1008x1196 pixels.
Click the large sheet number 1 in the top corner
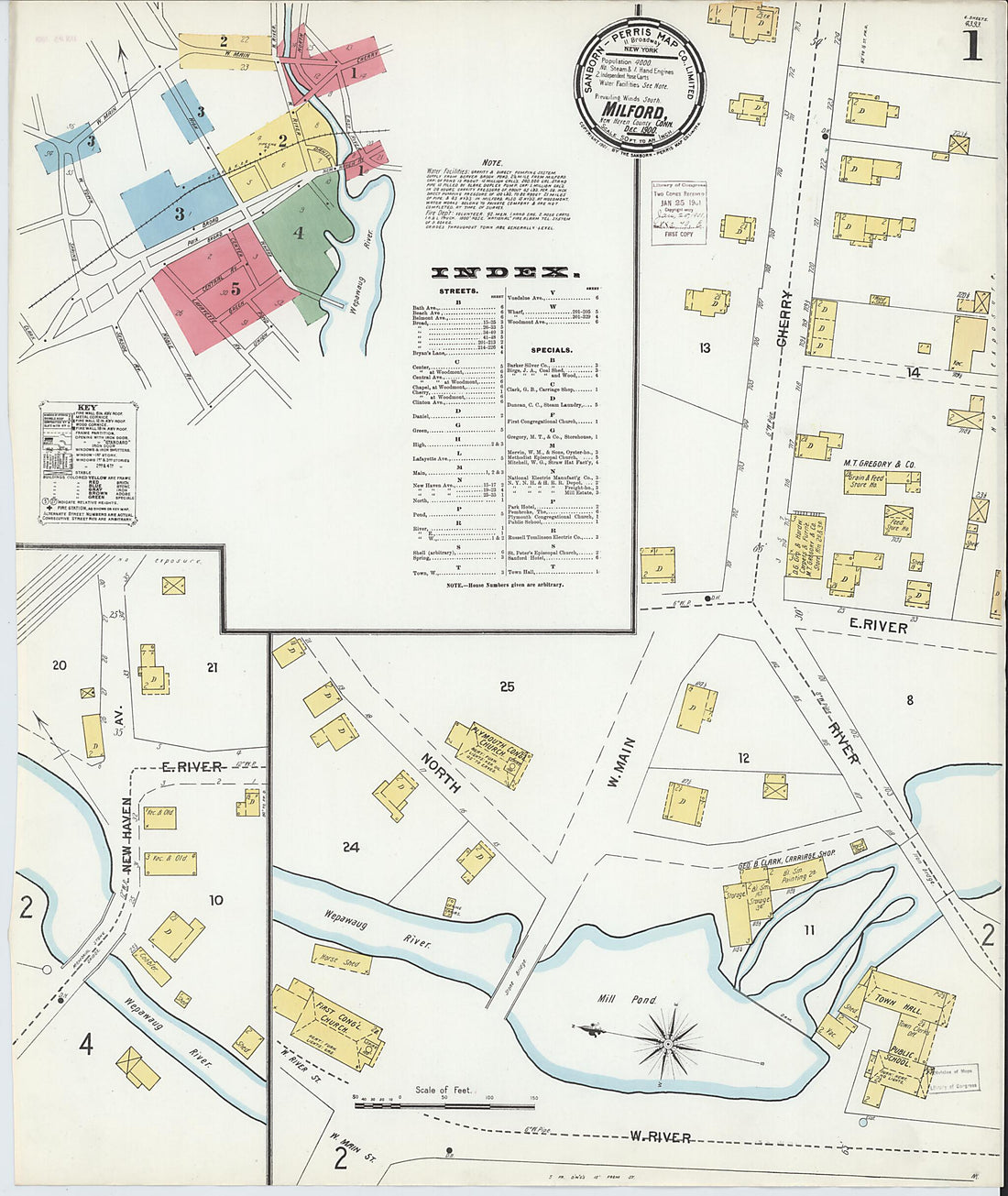(x=970, y=43)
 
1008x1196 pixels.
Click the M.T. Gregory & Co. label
(x=879, y=465)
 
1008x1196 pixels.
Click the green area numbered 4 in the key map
(x=297, y=232)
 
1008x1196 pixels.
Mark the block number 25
(x=507, y=686)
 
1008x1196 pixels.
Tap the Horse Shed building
(x=341, y=961)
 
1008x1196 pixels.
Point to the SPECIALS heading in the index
(x=551, y=349)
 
